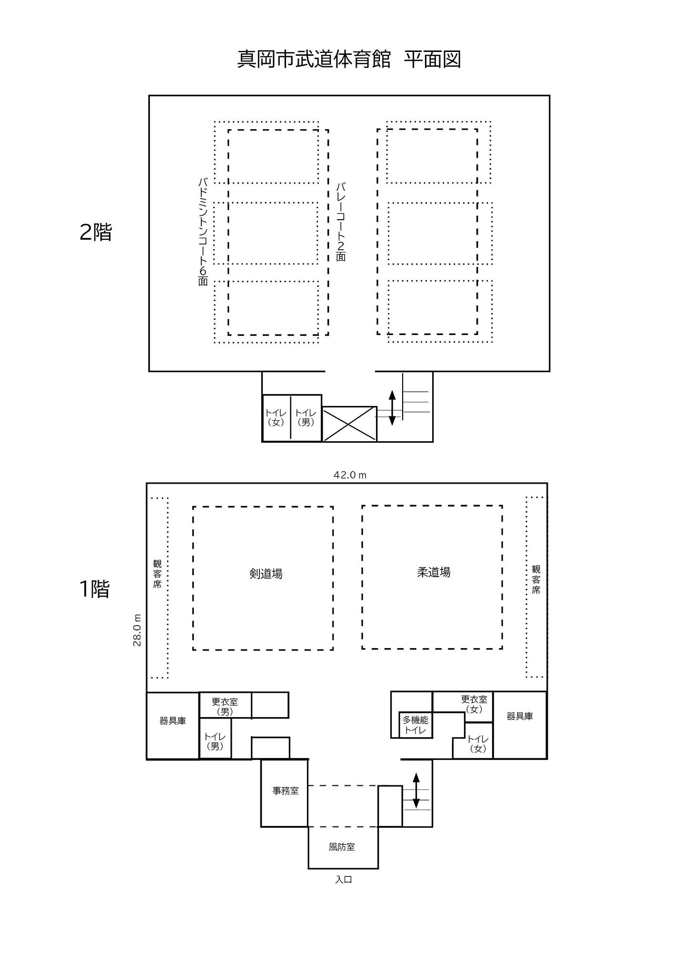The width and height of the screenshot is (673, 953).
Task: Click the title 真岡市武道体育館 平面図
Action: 349,60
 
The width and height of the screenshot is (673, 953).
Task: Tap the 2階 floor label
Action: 96,232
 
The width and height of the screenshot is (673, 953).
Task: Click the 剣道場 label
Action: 266,574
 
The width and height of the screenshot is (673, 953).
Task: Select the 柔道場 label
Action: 434,572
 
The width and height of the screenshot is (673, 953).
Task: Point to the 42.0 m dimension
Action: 350,475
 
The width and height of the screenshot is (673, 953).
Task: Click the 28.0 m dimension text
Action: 138,630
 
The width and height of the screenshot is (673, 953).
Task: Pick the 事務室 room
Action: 285,791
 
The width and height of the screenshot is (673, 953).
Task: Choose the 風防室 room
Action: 342,847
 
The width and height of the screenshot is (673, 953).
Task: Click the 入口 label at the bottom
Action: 343,879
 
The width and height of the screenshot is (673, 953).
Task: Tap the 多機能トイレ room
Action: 416,725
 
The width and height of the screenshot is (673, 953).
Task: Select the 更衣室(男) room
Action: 225,706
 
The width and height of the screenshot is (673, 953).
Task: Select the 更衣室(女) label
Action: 474,704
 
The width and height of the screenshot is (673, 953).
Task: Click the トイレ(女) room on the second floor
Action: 276,417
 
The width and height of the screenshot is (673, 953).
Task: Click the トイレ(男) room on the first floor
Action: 215,741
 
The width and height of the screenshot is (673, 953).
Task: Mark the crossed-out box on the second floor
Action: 349,424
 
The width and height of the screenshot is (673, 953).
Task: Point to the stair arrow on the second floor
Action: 392,407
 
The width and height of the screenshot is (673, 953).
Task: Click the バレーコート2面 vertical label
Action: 341,222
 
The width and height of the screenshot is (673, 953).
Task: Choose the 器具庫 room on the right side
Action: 519,716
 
